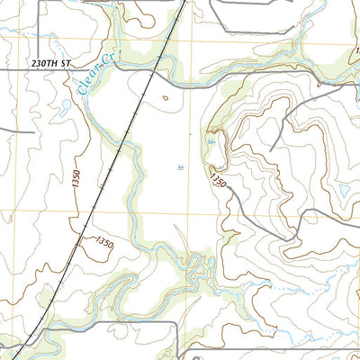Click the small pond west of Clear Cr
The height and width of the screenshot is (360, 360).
(65, 106)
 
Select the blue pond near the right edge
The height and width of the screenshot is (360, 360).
(343, 190)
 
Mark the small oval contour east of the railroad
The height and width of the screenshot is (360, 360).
(165, 93)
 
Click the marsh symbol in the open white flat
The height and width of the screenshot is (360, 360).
(182, 166)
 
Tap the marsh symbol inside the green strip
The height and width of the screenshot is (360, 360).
(211, 141)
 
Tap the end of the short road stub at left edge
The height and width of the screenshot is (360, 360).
(33, 131)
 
